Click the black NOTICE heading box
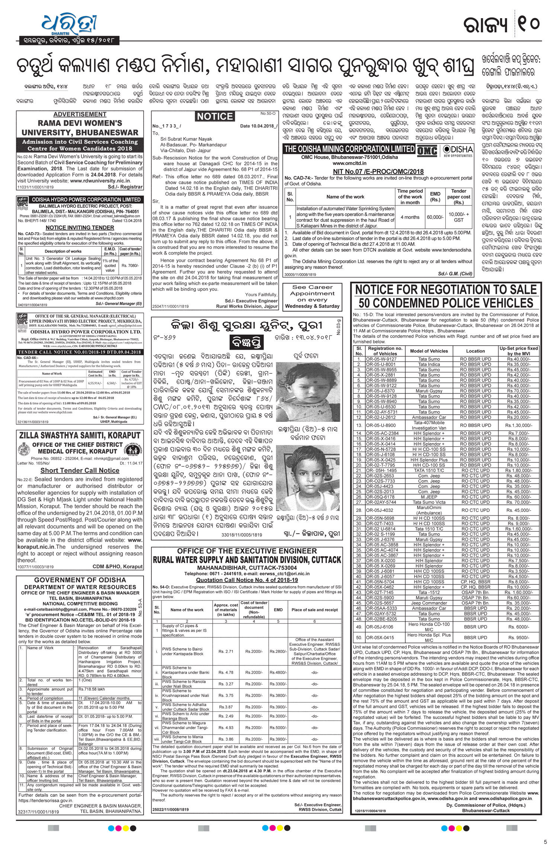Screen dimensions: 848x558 click(215, 116)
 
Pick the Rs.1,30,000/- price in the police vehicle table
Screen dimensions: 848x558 click(519, 425)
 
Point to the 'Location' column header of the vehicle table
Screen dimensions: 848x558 click(475, 351)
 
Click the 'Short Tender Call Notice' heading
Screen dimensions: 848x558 click(80, 470)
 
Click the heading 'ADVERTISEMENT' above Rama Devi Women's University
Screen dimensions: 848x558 click(80, 114)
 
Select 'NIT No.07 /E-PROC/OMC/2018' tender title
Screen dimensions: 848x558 click(379, 171)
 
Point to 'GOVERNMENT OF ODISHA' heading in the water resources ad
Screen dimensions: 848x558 click(80, 580)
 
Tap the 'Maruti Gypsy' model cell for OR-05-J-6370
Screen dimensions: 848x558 click(430, 391)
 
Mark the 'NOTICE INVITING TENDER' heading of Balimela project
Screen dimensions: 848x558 click(80, 227)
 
